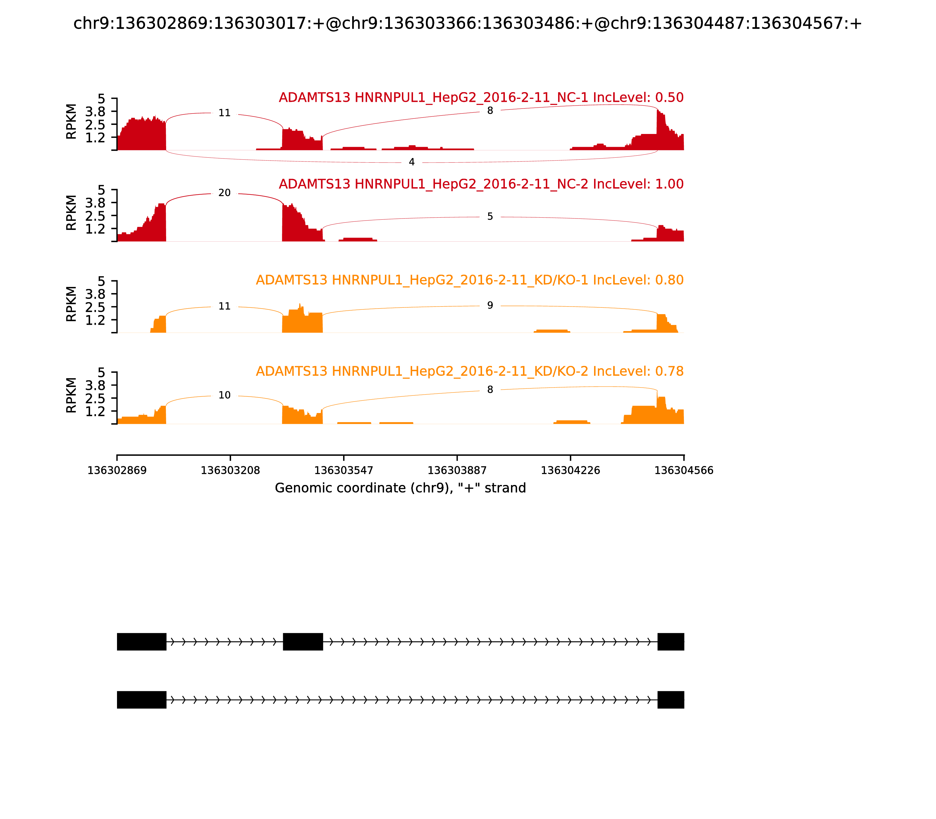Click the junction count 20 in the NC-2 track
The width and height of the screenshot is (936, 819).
point(224,193)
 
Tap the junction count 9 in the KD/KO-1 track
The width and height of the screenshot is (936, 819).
point(490,305)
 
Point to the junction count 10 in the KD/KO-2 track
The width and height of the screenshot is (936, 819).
point(224,395)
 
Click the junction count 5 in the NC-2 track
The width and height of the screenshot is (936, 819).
point(490,217)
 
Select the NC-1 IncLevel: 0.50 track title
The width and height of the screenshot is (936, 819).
point(481,98)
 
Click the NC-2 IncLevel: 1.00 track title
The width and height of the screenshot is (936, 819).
point(481,184)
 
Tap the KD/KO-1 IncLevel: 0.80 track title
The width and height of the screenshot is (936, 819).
point(469,280)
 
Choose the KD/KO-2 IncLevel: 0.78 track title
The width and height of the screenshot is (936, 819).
point(469,371)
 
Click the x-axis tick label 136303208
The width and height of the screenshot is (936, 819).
point(230,471)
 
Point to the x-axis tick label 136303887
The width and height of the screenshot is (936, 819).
point(457,471)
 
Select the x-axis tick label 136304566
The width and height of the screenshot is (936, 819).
point(684,471)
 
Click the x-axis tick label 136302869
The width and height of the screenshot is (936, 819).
point(117,471)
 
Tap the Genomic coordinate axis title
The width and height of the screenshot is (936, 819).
point(400,488)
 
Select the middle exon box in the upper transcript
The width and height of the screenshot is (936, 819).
point(303,642)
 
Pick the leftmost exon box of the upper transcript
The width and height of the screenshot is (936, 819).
point(142,642)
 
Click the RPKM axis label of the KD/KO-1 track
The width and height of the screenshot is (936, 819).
point(71,304)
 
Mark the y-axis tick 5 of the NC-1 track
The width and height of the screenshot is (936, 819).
point(101,99)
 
